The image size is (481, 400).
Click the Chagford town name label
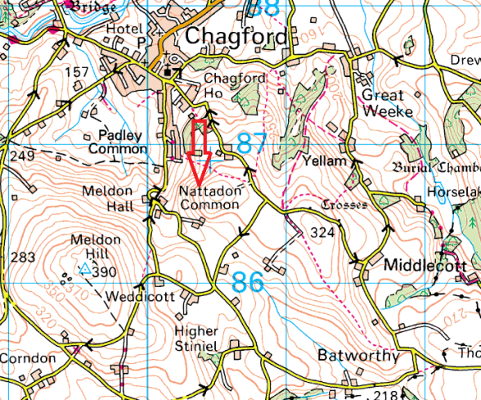click(236, 37)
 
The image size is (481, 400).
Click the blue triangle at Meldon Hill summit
click(83, 268)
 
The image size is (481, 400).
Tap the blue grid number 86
click(248, 283)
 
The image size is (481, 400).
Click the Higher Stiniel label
click(196, 339)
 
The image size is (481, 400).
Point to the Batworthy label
click(359, 357)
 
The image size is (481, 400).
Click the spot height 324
click(323, 233)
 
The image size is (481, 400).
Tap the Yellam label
click(320, 162)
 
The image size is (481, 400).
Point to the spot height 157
click(76, 73)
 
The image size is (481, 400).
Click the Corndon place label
click(27, 358)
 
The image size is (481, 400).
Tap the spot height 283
click(24, 257)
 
